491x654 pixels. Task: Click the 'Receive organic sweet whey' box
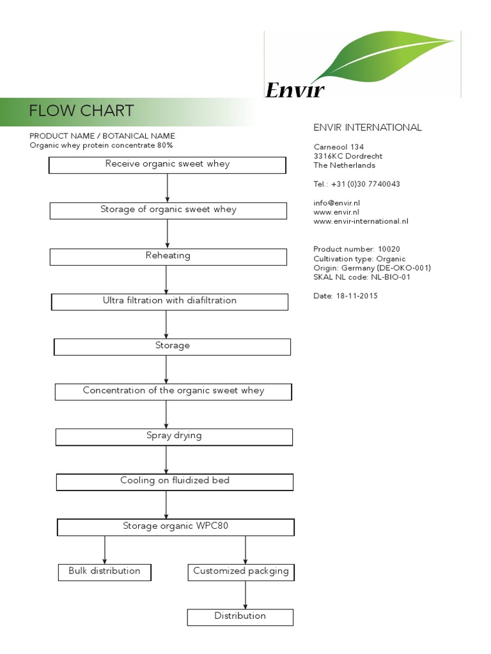168,165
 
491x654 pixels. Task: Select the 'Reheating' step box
168,256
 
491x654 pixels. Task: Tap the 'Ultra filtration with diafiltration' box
169,301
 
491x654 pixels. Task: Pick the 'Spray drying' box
174,436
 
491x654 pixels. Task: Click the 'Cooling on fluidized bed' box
175,482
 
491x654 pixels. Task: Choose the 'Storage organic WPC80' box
176,527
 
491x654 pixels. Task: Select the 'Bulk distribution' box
104,572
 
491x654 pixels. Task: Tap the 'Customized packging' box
240,572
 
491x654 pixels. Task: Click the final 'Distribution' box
240,617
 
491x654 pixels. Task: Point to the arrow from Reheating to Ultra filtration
167,279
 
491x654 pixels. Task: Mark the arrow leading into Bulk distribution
105,550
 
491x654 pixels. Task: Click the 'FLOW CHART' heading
81,111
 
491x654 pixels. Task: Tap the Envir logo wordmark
295,91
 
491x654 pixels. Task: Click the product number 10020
390,249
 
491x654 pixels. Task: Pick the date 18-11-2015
355,296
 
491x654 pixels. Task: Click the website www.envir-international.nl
361,222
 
